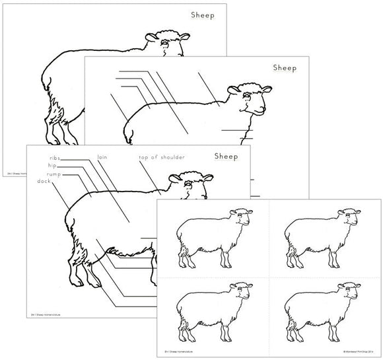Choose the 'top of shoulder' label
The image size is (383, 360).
click(161, 157)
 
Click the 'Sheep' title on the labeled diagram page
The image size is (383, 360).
click(226, 157)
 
